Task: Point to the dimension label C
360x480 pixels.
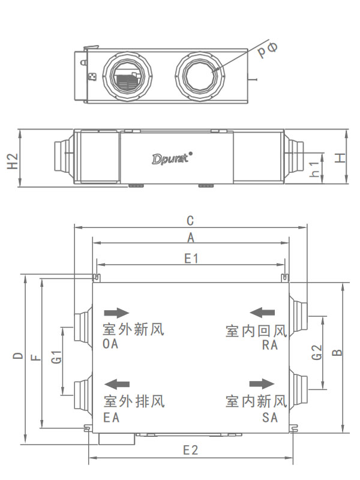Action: (190, 220)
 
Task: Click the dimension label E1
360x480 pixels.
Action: (191, 258)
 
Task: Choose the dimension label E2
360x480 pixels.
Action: (191, 450)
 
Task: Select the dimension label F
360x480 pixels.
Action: (36, 358)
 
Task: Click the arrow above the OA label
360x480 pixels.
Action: (116, 313)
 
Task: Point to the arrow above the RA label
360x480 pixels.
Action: (263, 312)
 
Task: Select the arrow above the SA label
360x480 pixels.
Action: (262, 383)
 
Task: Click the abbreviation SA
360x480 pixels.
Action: (270, 418)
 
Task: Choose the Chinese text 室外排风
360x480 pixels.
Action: (133, 400)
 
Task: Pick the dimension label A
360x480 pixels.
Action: (191, 237)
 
